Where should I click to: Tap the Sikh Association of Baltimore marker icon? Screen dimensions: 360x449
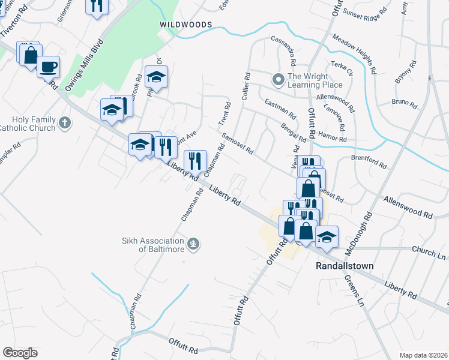pos(193,244)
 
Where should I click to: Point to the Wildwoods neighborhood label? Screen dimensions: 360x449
pos(185,24)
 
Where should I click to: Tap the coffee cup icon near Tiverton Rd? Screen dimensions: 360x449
pos(48,66)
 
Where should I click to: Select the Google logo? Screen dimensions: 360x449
pos(20,353)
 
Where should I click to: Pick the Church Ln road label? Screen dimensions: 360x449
pos(430,254)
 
